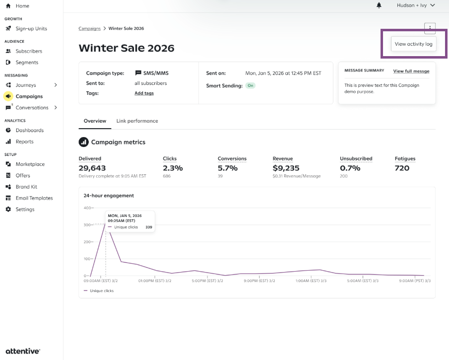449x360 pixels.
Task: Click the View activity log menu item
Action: pyautogui.click(x=413, y=44)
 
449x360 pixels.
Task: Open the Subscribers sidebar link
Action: pyautogui.click(x=29, y=51)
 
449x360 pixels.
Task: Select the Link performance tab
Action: pyautogui.click(x=137, y=121)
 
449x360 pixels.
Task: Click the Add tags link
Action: pyautogui.click(x=144, y=93)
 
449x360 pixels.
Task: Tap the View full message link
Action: pyautogui.click(x=411, y=71)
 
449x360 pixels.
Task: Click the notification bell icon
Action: pyautogui.click(x=379, y=5)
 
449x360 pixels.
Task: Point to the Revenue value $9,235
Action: pyautogui.click(x=286, y=168)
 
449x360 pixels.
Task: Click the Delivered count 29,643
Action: pyautogui.click(x=92, y=168)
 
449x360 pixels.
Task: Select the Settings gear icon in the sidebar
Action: pyautogui.click(x=8, y=209)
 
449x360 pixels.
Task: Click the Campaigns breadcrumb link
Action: pyautogui.click(x=90, y=28)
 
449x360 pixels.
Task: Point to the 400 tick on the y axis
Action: pyautogui.click(x=87, y=208)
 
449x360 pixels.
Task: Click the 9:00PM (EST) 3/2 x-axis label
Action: pyautogui.click(x=259, y=281)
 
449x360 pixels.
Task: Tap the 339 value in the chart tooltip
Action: pyautogui.click(x=149, y=227)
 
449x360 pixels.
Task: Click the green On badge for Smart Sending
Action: pyautogui.click(x=250, y=85)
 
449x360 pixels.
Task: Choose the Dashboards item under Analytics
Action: pyautogui.click(x=29, y=130)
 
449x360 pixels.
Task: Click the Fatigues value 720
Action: pyautogui.click(x=402, y=168)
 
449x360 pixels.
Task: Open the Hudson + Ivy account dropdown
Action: pyautogui.click(x=416, y=5)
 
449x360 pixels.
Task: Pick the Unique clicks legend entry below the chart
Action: pyautogui.click(x=99, y=290)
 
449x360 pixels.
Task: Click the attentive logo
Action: pyautogui.click(x=23, y=351)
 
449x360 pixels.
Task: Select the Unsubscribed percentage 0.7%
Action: pyautogui.click(x=350, y=168)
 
